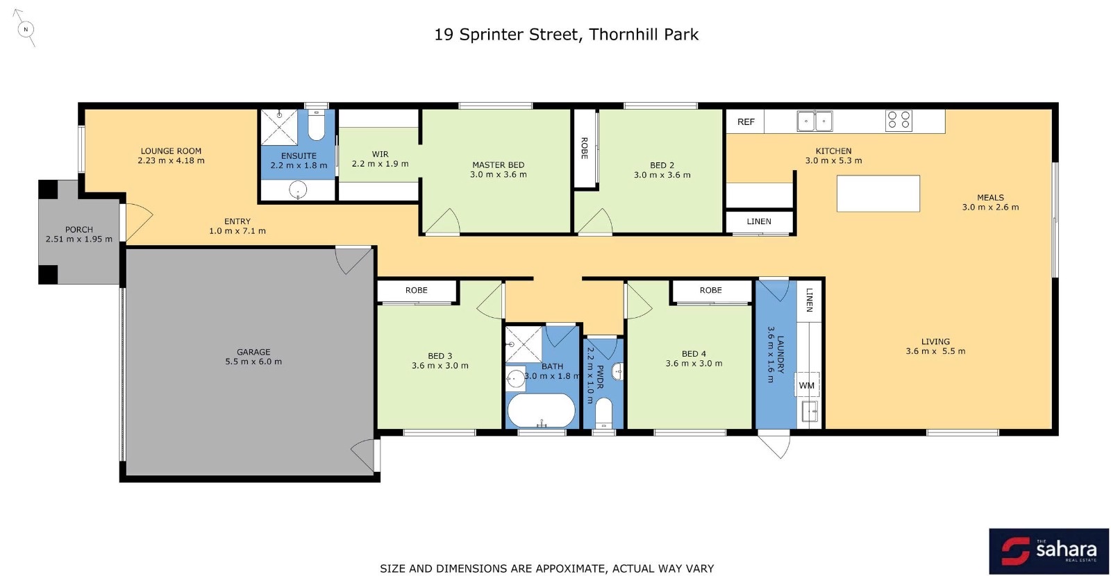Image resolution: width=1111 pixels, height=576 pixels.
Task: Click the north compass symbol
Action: pos(26,29)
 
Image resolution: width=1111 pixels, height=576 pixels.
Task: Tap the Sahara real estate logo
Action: pos(1049,551)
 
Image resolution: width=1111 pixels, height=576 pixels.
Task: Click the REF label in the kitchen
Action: pos(746,122)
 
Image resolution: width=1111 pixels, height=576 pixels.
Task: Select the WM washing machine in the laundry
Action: pos(806,385)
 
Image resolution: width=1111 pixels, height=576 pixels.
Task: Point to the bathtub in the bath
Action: pos(541,410)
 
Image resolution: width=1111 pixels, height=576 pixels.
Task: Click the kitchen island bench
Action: pos(878,194)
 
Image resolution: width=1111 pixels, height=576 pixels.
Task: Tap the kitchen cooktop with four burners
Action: pos(899,121)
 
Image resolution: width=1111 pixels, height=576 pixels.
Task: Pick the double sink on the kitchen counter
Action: pos(815,121)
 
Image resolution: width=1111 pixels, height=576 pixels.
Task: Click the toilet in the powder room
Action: pos(603,413)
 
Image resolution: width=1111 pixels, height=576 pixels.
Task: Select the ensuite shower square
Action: pos(279,128)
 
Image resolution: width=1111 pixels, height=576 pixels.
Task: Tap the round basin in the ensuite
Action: pos(298,189)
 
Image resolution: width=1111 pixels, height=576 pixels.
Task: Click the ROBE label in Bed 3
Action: pos(416,291)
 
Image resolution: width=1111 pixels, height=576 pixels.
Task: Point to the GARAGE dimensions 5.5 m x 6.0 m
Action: pos(253,362)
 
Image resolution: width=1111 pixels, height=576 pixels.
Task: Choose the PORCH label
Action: pos(79,230)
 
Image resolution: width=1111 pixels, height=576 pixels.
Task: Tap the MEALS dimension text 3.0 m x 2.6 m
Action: pos(990,207)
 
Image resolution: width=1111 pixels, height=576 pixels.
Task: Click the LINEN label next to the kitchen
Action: pos(759,221)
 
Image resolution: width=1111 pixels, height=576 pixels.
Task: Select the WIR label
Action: pos(380,154)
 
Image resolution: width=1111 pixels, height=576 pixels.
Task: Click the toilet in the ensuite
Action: pos(317,125)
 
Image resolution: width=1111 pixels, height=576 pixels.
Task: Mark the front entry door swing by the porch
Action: pos(140,223)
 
